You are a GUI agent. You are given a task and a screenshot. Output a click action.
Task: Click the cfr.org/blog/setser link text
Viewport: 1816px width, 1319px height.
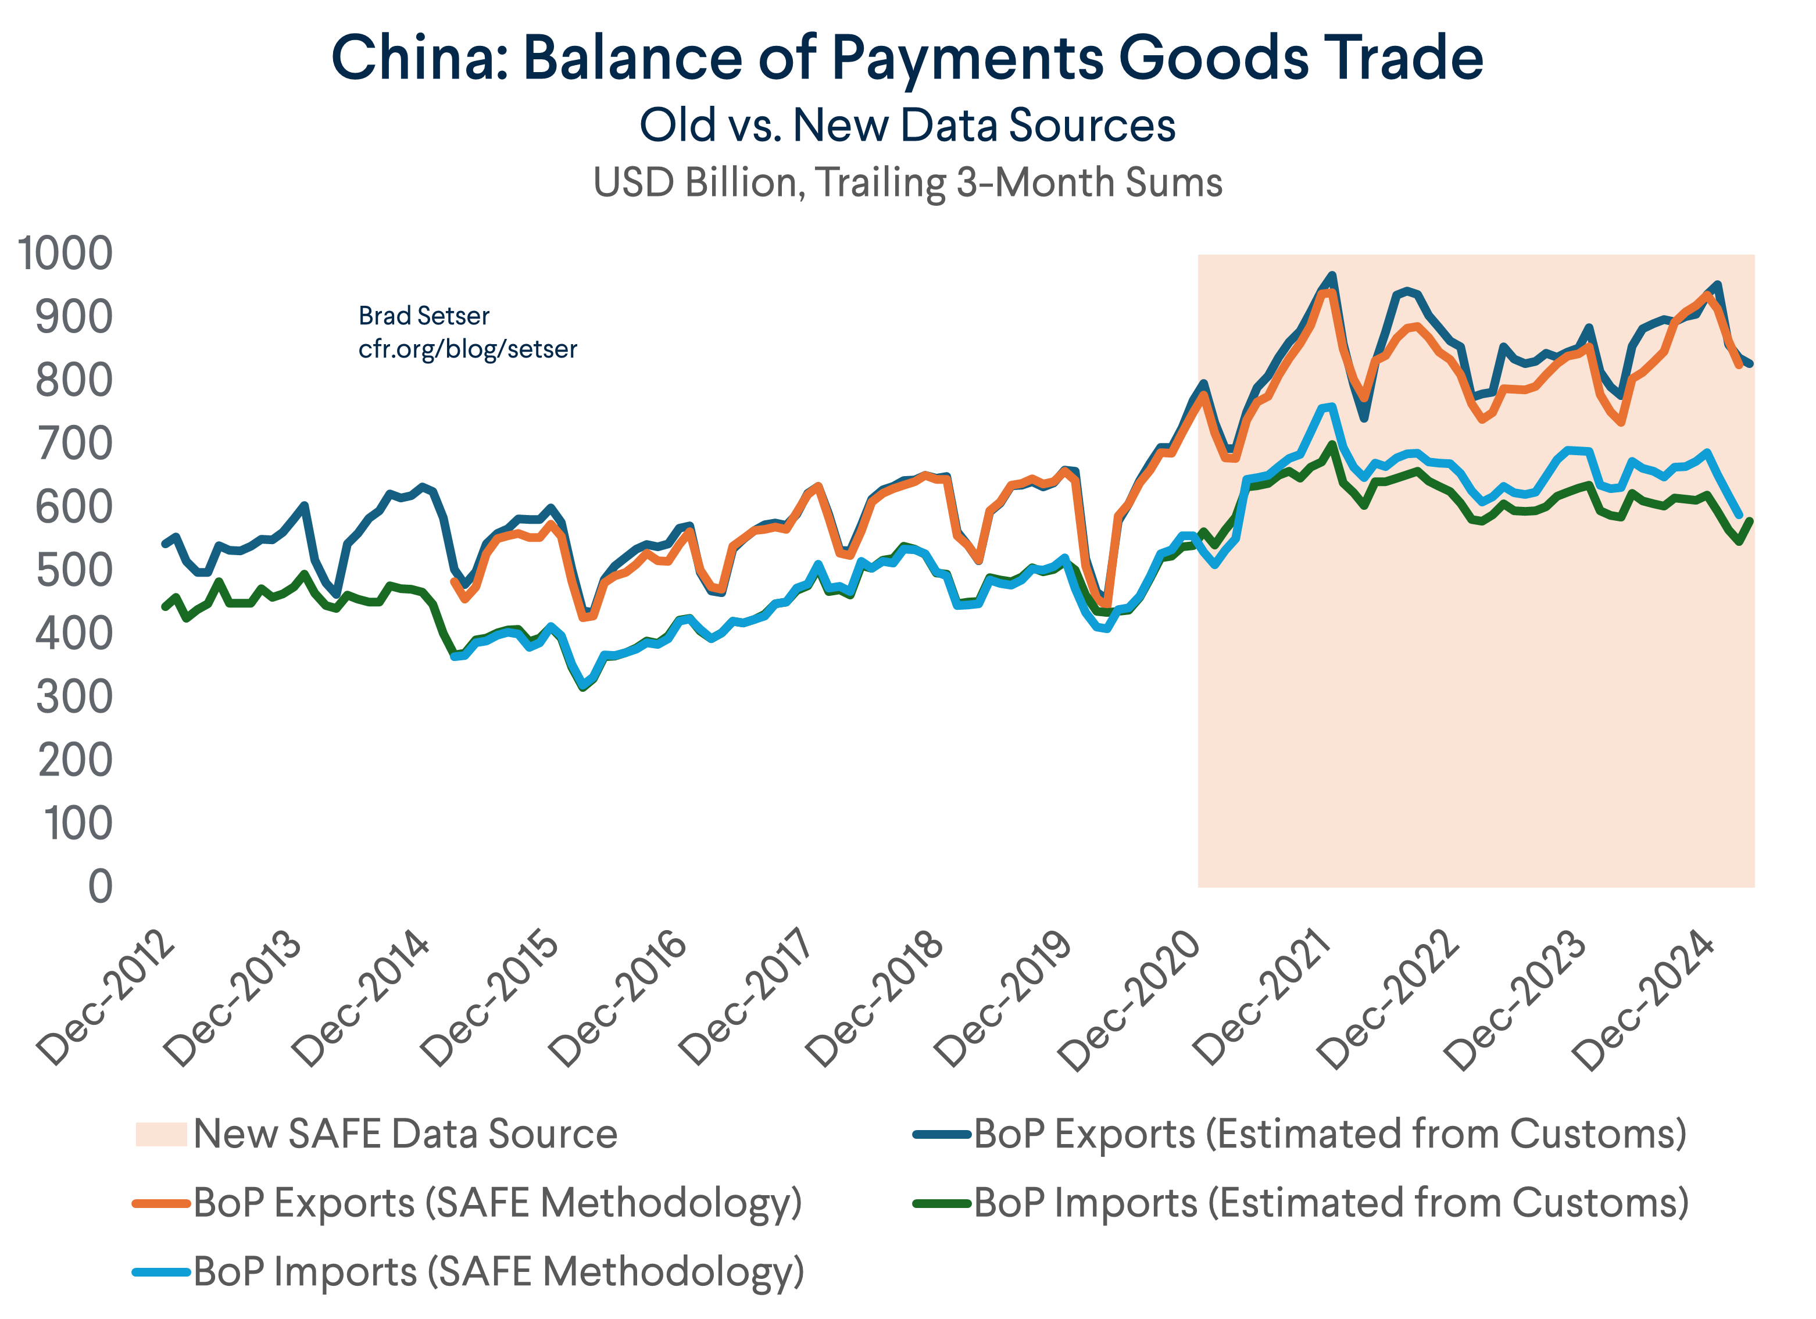click(467, 349)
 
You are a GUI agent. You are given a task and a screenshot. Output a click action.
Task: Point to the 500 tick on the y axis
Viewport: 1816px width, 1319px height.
click(74, 570)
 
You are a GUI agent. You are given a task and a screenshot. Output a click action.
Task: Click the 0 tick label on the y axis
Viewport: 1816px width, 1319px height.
click(100, 887)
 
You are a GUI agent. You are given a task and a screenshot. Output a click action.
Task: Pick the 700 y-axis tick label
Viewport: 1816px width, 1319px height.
click(74, 444)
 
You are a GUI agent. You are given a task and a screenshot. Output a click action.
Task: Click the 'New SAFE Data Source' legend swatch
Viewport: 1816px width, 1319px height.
click(161, 1134)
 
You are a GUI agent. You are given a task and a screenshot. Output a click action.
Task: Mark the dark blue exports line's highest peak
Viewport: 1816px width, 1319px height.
click(1332, 275)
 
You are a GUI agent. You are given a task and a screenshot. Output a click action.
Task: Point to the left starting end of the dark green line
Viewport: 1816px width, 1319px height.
click(164, 607)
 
